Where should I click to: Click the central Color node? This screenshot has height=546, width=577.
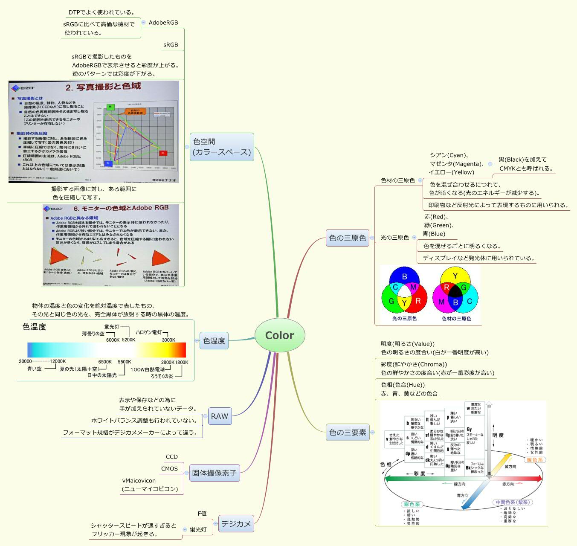click(x=280, y=335)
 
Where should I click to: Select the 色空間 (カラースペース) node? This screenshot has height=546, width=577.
click(x=222, y=147)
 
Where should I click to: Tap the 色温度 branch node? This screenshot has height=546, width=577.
click(x=214, y=340)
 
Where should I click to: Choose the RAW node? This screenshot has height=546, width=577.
click(x=220, y=416)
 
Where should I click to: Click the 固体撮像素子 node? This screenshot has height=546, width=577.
click(x=214, y=473)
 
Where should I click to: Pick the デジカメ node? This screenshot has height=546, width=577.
click(x=236, y=523)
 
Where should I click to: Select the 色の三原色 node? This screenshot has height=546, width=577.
click(x=348, y=238)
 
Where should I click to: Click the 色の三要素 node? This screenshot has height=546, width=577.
click(x=348, y=432)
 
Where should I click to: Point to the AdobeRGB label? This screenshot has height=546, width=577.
click(x=163, y=23)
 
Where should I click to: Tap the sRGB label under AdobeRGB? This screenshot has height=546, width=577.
click(x=171, y=45)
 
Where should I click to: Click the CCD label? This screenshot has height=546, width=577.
click(x=172, y=457)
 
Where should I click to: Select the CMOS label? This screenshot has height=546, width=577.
click(x=169, y=469)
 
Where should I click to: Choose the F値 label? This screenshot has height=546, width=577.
click(x=202, y=514)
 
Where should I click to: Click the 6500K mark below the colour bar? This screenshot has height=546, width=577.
click(x=105, y=362)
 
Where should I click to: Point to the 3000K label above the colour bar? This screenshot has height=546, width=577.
click(x=168, y=340)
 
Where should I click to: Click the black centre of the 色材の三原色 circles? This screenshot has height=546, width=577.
click(x=455, y=293)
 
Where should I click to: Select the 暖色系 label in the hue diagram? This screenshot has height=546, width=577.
click(x=535, y=460)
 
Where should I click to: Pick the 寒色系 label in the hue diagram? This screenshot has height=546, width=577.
click(x=412, y=505)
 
